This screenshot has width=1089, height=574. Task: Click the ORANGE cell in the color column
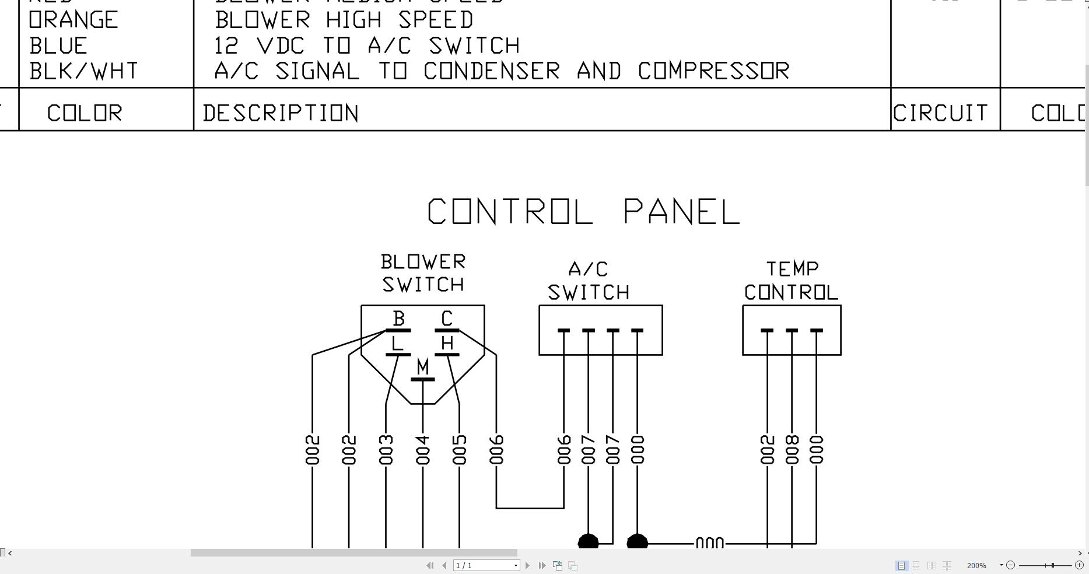(x=73, y=20)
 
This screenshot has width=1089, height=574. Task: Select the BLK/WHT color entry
(x=84, y=71)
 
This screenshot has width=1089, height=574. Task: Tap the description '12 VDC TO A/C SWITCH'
(x=367, y=45)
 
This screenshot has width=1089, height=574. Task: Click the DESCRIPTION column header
(x=281, y=113)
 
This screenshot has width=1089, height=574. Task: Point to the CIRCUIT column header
(x=940, y=113)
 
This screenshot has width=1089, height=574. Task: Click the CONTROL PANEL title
(x=583, y=211)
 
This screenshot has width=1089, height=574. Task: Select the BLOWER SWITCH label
(x=423, y=273)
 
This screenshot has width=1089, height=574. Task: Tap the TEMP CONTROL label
(x=792, y=281)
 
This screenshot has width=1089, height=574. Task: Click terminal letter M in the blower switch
(x=423, y=367)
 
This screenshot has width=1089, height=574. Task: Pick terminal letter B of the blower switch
(x=399, y=318)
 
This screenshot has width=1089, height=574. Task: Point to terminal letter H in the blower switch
(x=447, y=343)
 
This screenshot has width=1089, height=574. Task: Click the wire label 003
(x=386, y=450)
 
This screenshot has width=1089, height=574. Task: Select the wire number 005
(x=460, y=450)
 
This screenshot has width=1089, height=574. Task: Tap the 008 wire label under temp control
(x=792, y=450)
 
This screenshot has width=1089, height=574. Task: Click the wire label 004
(x=423, y=450)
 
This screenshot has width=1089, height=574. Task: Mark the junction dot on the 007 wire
(x=588, y=542)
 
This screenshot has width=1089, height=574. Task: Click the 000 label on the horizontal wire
(x=710, y=544)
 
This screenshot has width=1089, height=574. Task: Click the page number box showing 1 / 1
(x=486, y=565)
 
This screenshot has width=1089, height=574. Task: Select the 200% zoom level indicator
(x=976, y=565)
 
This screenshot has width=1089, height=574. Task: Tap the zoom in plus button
(x=1079, y=565)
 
